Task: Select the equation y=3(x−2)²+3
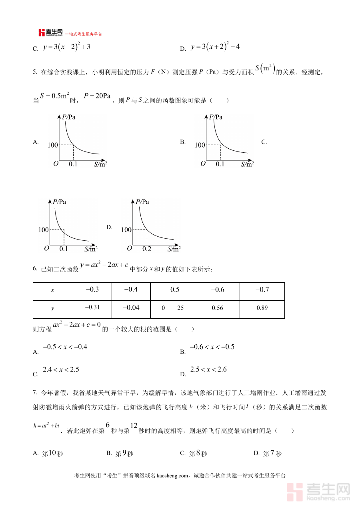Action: tap(66, 47)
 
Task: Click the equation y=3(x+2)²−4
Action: tap(215, 47)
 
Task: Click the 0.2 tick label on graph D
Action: tap(147, 249)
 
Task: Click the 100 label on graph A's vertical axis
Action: tap(52, 145)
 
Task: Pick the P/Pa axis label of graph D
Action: tap(142, 202)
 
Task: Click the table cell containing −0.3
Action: tap(92, 290)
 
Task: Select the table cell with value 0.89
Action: tap(262, 308)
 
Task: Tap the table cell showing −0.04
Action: tap(131, 308)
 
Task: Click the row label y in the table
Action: tap(52, 308)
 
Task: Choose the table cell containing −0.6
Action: tap(217, 290)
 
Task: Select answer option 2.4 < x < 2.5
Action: tap(61, 370)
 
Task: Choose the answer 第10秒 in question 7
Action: tap(52, 453)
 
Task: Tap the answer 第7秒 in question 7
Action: tap(272, 453)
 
